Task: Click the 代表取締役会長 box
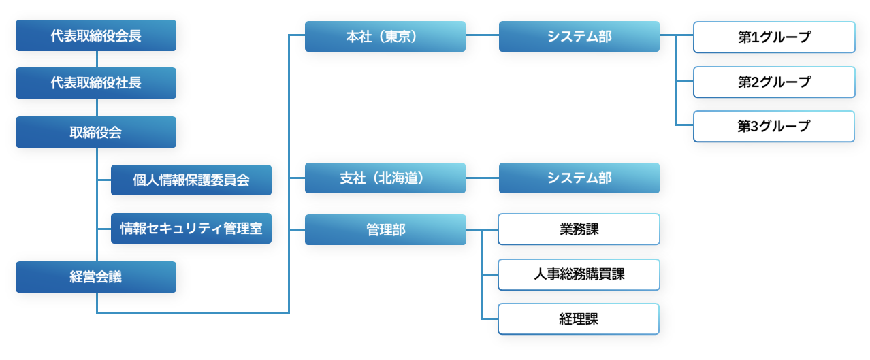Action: pyautogui.click(x=96, y=35)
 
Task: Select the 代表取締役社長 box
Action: pyautogui.click(x=96, y=83)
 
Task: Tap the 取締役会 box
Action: pyautogui.click(x=96, y=132)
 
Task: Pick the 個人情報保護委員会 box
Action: pyautogui.click(x=191, y=180)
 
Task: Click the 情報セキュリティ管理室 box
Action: pyautogui.click(x=191, y=228)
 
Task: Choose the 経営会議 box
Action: pyautogui.click(x=96, y=277)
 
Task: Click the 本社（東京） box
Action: pyautogui.click(x=385, y=36)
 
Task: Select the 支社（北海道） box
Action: pyautogui.click(x=385, y=178)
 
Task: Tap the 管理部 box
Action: pyautogui.click(x=385, y=229)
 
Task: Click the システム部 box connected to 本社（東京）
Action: pyautogui.click(x=579, y=36)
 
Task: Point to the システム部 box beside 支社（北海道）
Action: pyautogui.click(x=579, y=178)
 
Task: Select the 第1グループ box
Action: pyautogui.click(x=774, y=37)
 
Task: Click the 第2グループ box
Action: pyautogui.click(x=774, y=82)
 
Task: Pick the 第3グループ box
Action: pyautogui.click(x=774, y=126)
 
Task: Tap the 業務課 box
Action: pyautogui.click(x=579, y=229)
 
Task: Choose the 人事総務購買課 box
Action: pyautogui.click(x=579, y=274)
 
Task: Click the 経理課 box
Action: pyautogui.click(x=579, y=318)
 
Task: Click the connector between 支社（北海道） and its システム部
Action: pyautogui.click(x=482, y=178)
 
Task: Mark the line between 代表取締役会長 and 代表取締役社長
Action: pyautogui.click(x=97, y=59)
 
